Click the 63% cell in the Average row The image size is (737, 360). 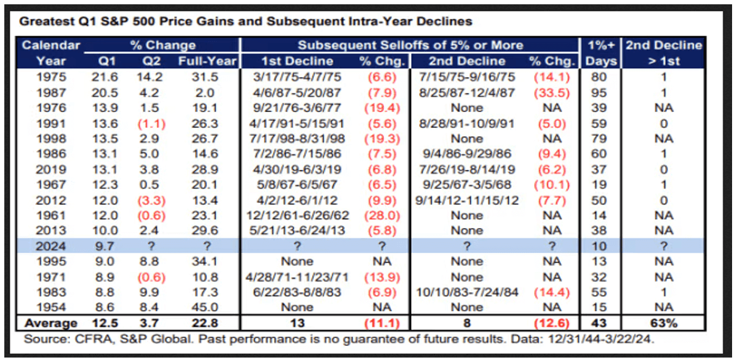coord(664,323)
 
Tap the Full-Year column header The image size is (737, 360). coord(197,61)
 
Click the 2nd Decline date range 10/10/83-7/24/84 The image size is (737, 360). coord(466,292)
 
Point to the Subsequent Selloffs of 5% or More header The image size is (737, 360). coord(410,45)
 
